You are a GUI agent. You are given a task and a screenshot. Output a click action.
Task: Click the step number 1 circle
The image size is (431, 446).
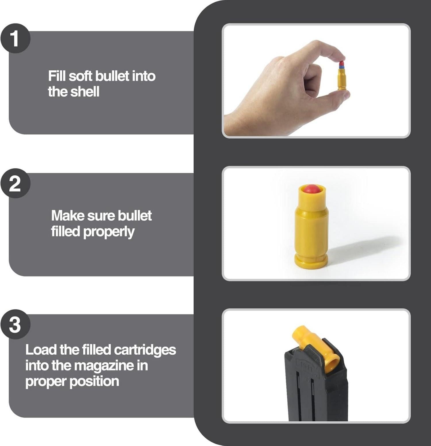coord(15,38)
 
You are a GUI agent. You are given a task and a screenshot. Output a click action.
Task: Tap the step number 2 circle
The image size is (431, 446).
coord(15,183)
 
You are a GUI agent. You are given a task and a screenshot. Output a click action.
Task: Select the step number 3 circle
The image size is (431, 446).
coord(15,324)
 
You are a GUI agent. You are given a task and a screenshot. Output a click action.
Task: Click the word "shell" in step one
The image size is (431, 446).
coord(85,92)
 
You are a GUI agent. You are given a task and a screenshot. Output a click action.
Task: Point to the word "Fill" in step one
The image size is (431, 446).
coord(57,76)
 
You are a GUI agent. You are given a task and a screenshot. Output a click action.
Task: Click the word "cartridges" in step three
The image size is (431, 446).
coord(145,350)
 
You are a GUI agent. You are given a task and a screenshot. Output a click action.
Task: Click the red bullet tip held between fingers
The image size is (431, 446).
coord(342,63)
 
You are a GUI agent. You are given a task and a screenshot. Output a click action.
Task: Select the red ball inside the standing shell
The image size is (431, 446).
coord(312,189)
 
